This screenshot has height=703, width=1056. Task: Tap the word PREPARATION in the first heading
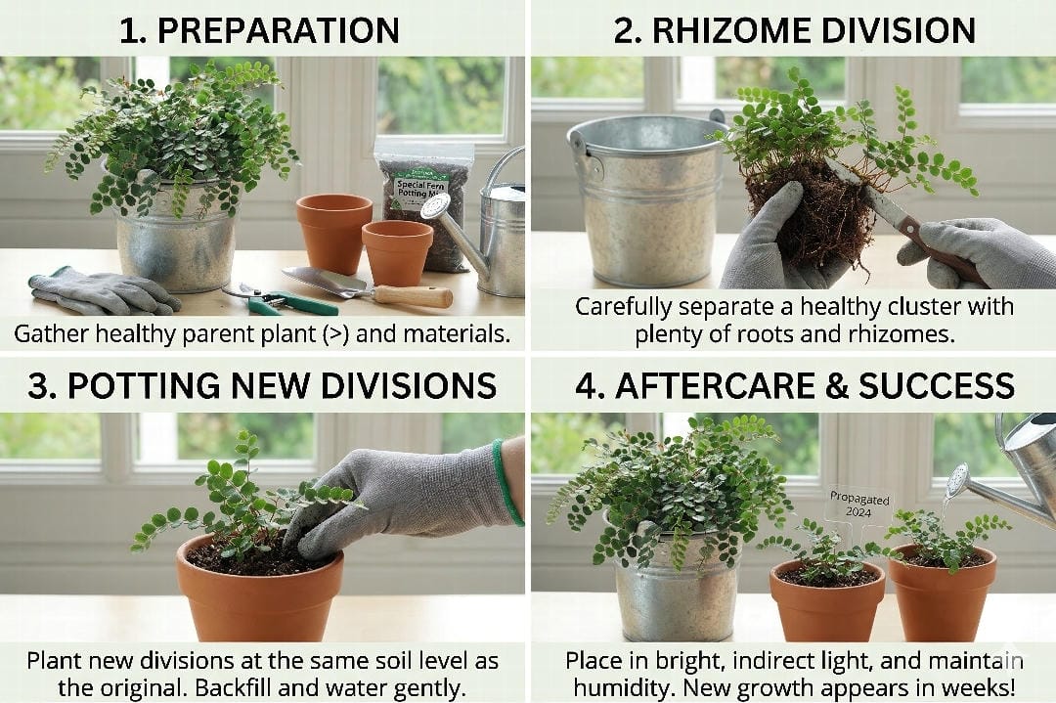click(278, 30)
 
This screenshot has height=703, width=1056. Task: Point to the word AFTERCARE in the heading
click(708, 385)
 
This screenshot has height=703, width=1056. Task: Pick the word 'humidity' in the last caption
click(618, 686)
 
